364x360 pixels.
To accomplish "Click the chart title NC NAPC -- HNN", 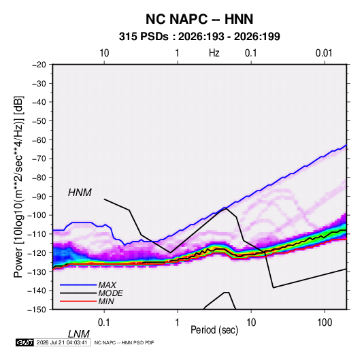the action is (x=199, y=19).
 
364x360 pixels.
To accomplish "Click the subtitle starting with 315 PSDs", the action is (x=199, y=37).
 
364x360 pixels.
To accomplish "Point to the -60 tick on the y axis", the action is (x=39, y=140).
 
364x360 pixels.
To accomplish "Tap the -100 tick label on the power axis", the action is (x=37, y=215).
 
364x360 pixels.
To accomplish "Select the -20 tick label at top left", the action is (x=39, y=65).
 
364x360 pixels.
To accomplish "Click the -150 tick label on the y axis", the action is (x=37, y=310).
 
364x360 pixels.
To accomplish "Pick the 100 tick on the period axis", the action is (x=325, y=323).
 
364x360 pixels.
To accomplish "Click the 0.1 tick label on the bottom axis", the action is (x=104, y=323).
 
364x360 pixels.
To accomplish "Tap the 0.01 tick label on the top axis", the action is (x=324, y=53).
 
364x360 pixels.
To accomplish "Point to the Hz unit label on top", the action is (x=214, y=53).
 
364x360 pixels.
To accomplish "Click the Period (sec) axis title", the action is (x=214, y=330).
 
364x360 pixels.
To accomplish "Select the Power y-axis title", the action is (x=18, y=186).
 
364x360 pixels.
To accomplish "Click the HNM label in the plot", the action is (x=80, y=193).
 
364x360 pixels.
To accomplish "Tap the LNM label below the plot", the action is (x=78, y=334).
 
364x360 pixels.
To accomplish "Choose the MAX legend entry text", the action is (x=107, y=285).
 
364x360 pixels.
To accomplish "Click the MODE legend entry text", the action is (x=110, y=293).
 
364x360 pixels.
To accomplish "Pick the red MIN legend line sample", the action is (x=78, y=301).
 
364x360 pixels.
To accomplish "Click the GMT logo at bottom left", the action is (x=24, y=342).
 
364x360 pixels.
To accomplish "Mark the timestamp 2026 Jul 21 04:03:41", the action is (x=62, y=342).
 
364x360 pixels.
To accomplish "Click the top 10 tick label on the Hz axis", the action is (x=104, y=53).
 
